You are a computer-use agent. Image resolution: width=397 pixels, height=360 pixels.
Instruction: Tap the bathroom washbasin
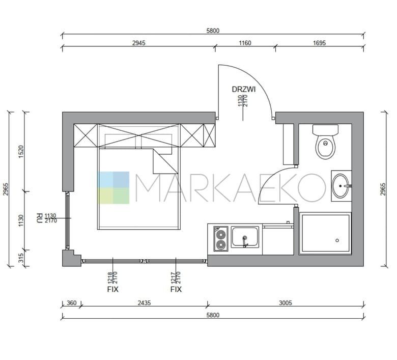[341, 186]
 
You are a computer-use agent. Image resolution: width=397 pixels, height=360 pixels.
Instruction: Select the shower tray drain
[337, 240]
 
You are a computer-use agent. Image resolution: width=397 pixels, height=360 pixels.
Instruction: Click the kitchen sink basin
[245, 237]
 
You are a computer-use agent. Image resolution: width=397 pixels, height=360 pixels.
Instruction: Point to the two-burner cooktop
[221, 239]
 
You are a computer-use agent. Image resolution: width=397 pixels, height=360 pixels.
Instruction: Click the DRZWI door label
[244, 89]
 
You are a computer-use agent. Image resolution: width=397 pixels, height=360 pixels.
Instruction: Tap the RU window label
[39, 218]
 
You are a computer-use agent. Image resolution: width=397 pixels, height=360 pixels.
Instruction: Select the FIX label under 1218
[112, 289]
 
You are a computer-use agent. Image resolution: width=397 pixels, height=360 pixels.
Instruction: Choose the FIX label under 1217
[176, 289]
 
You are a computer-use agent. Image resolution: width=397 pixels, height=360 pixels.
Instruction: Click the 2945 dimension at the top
[139, 43]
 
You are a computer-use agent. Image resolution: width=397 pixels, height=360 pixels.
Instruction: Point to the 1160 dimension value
[245, 43]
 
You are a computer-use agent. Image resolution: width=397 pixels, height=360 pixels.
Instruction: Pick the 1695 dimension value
[319, 43]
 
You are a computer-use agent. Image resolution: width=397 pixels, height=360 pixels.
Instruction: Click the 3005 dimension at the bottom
[286, 303]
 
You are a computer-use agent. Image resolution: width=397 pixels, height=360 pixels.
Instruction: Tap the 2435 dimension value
[144, 303]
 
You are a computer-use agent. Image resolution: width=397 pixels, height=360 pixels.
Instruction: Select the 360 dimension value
[71, 303]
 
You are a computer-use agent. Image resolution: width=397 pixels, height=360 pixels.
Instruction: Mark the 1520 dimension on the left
[21, 152]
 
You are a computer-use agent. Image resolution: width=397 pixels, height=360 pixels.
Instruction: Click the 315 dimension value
[21, 258]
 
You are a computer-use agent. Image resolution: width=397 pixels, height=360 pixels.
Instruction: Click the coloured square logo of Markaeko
[113, 188]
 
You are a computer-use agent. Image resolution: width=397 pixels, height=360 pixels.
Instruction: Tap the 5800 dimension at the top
[213, 31]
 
